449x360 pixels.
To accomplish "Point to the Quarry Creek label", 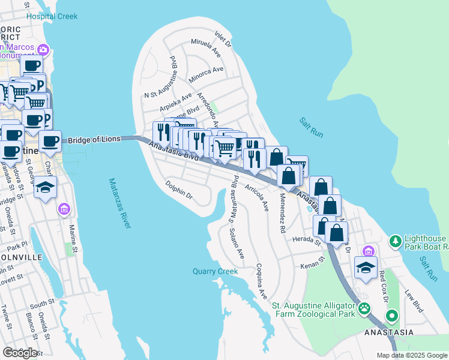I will [x=215, y=271].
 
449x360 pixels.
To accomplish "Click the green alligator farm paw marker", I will [x=364, y=309].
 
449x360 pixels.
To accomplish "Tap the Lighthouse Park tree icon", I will [x=395, y=241].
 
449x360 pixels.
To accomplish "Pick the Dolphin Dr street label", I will [x=179, y=191].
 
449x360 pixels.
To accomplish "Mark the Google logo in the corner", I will [x=20, y=352].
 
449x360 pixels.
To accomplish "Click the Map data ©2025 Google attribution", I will [x=411, y=355].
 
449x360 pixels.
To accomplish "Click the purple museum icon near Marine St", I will [x=64, y=209].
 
